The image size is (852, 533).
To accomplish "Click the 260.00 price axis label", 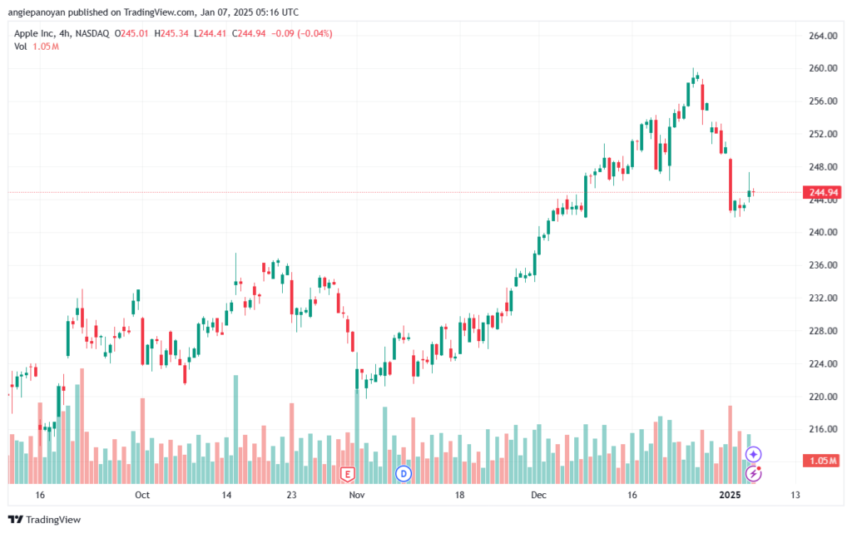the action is [823, 68].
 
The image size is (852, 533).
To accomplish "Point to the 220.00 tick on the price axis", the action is [823, 397].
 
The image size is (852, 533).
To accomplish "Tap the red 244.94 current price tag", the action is [822, 192].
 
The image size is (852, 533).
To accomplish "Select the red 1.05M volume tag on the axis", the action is [822, 461].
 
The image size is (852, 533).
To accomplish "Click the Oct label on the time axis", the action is [141, 495].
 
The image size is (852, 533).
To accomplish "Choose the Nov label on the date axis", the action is [357, 495].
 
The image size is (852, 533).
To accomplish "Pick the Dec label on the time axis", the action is [538, 495].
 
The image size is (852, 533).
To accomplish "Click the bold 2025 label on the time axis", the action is [730, 495].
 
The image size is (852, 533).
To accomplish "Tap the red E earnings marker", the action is [348, 475].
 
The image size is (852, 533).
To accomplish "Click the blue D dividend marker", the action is [404, 474].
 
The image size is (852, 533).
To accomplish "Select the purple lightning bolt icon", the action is [753, 474].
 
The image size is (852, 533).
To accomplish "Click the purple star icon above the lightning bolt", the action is [753, 454].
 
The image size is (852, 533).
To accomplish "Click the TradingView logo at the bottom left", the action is [45, 520].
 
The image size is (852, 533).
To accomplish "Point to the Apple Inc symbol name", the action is [34, 33].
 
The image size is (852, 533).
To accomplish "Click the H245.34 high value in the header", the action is [171, 33].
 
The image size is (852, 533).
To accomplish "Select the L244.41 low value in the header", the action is [210, 33].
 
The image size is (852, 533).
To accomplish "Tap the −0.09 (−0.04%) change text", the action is [301, 33].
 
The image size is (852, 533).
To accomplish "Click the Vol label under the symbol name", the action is [21, 47].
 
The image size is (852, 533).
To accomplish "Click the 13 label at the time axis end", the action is [795, 495].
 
